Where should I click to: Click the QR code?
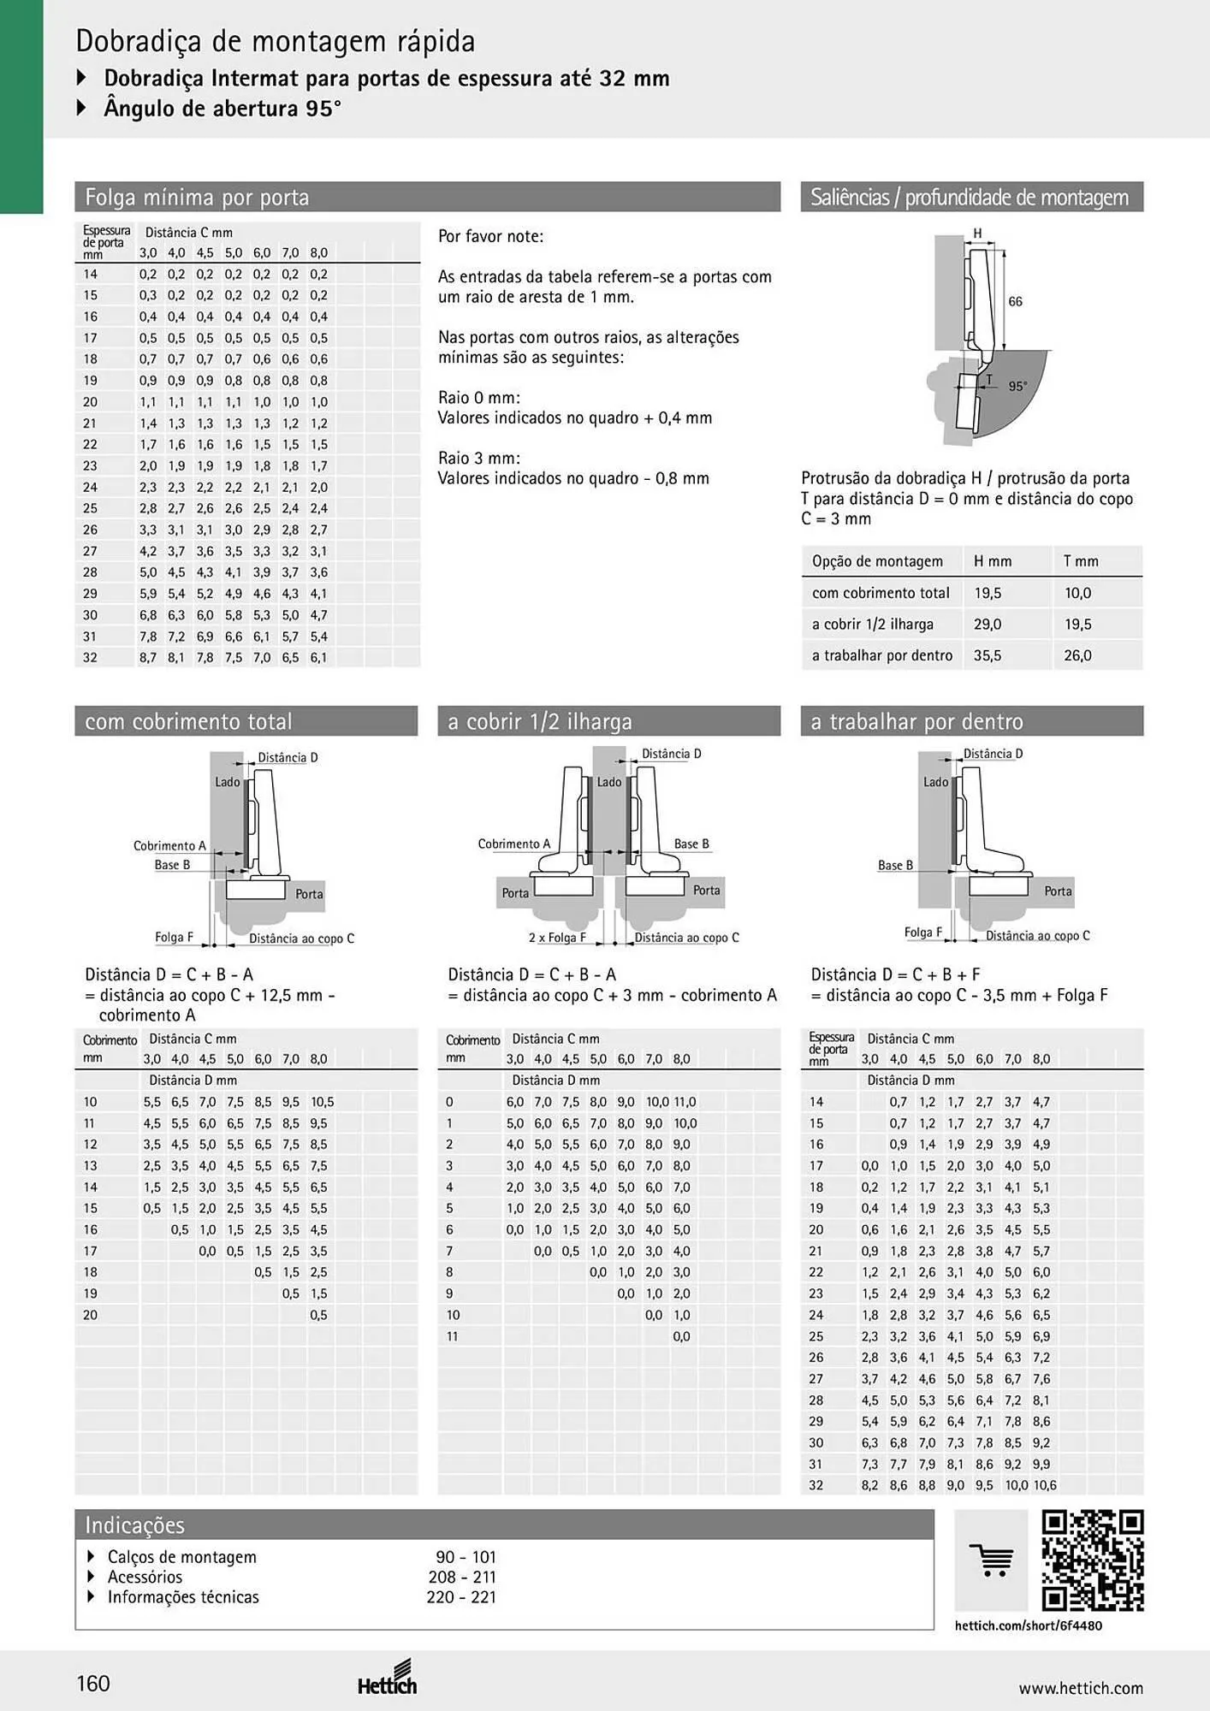coord(1093,1561)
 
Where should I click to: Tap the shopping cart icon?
coord(991,1560)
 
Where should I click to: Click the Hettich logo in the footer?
coord(388,1678)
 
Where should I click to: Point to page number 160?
coord(93,1684)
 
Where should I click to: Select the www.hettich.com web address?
coord(1081,1688)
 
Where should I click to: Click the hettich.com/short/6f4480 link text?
coord(1029,1625)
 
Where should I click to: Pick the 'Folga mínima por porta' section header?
coord(197,198)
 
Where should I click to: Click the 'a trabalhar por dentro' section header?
coord(916,722)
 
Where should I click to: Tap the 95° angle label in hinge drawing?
coord(1017,386)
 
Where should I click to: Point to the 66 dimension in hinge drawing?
coord(1015,301)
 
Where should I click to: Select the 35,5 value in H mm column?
coord(988,655)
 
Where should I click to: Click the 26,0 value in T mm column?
coord(1077,655)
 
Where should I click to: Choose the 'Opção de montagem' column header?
coord(877,561)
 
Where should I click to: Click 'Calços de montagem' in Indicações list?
coord(181,1557)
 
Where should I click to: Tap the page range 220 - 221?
coord(461,1597)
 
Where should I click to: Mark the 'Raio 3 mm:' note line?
coord(479,458)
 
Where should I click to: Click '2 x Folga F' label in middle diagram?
coord(557,938)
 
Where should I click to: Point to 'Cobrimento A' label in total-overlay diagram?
coord(169,846)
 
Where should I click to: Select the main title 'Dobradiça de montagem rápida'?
coord(276,41)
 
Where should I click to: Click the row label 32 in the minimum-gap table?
coord(90,658)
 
